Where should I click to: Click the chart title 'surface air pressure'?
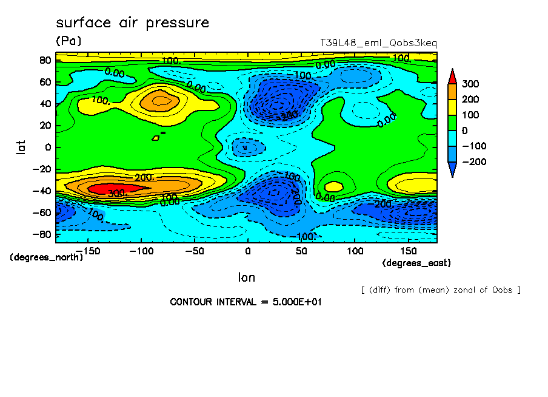click(132, 23)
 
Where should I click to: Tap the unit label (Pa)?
click(68, 41)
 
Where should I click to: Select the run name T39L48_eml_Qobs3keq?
click(378, 43)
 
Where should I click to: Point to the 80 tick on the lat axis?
click(45, 60)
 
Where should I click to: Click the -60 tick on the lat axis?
click(42, 212)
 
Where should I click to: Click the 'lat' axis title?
click(21, 146)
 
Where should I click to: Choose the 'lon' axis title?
click(246, 277)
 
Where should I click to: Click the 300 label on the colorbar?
click(470, 83)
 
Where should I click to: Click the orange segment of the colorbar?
click(452, 91)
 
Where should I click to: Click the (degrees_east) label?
click(416, 263)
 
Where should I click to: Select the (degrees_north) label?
click(46, 257)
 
